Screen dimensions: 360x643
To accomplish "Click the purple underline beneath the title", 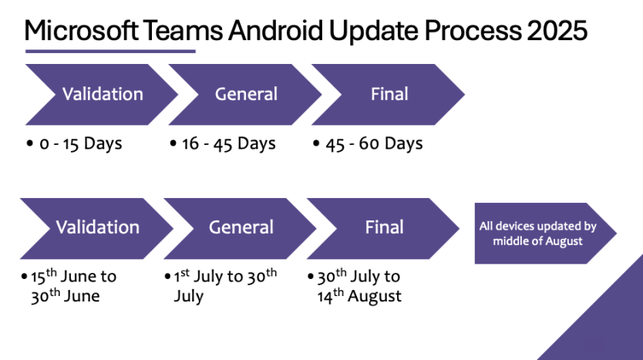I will click(110, 52).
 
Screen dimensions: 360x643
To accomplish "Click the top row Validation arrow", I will click(103, 94).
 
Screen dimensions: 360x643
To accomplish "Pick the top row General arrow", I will click(246, 94).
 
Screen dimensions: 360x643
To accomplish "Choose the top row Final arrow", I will click(389, 94).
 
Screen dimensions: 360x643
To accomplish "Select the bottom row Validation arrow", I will click(97, 227).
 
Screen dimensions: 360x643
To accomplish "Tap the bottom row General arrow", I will click(241, 227).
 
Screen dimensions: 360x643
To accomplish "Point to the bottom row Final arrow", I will click(384, 227).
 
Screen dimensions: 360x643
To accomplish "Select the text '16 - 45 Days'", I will click(228, 144).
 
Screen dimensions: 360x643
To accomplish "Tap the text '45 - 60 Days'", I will click(373, 144).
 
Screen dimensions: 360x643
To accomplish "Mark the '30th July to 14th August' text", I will click(359, 286).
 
